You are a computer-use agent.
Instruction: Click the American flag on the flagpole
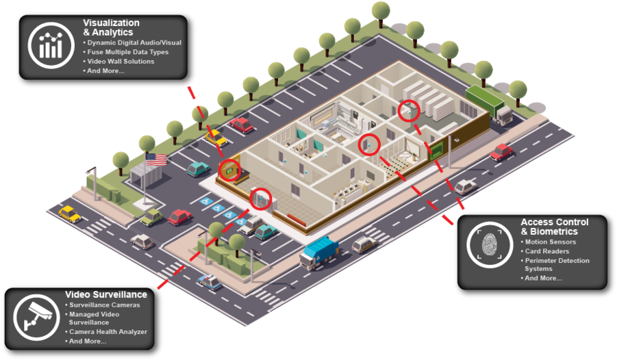point(156,159)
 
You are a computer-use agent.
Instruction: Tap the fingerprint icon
point(490,245)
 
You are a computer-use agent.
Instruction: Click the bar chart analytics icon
point(51,45)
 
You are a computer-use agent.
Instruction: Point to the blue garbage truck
point(318,253)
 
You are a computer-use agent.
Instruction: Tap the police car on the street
point(210,282)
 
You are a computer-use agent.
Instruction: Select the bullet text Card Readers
point(547,251)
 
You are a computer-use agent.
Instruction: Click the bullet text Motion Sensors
point(550,242)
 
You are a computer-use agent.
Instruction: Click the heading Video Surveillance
point(106,294)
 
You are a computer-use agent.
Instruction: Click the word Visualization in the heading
point(111,23)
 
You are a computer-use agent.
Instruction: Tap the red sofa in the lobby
point(297,220)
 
